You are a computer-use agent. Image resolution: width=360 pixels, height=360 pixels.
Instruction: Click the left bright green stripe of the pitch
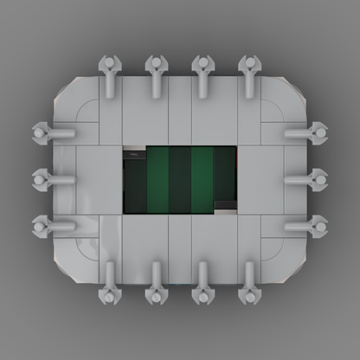(x=157, y=179)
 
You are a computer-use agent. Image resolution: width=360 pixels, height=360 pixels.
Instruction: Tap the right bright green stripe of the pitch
(x=202, y=179)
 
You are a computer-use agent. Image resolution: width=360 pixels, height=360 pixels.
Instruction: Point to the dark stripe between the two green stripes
(x=180, y=179)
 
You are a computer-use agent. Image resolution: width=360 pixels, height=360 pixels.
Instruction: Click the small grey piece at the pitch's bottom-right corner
(x=225, y=208)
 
